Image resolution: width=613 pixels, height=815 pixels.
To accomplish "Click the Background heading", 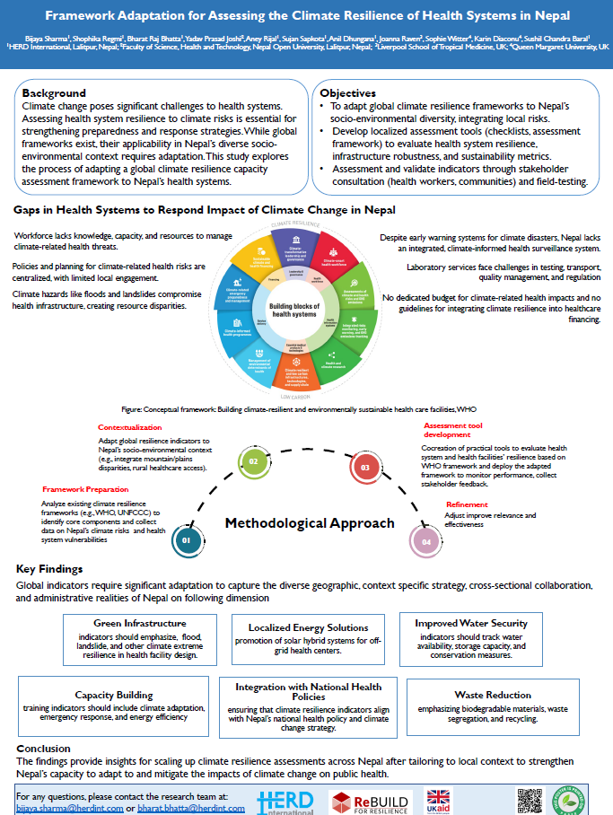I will [x=54, y=93].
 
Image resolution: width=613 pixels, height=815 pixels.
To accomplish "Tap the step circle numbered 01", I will [x=186, y=540].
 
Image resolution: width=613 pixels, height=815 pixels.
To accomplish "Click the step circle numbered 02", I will [x=254, y=461].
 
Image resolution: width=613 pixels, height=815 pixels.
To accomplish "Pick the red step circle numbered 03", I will [x=364, y=467].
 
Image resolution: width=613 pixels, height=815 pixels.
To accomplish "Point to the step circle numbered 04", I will [x=425, y=541].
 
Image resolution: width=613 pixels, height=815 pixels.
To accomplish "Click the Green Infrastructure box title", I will [x=140, y=623].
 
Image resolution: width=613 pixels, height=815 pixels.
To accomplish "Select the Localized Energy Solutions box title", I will [x=308, y=627].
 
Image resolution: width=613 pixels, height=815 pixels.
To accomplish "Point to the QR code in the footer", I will [x=531, y=800].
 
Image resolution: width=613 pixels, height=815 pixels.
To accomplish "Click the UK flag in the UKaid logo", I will [x=439, y=795].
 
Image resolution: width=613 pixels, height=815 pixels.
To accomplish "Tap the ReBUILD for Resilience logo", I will [x=370, y=802].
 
